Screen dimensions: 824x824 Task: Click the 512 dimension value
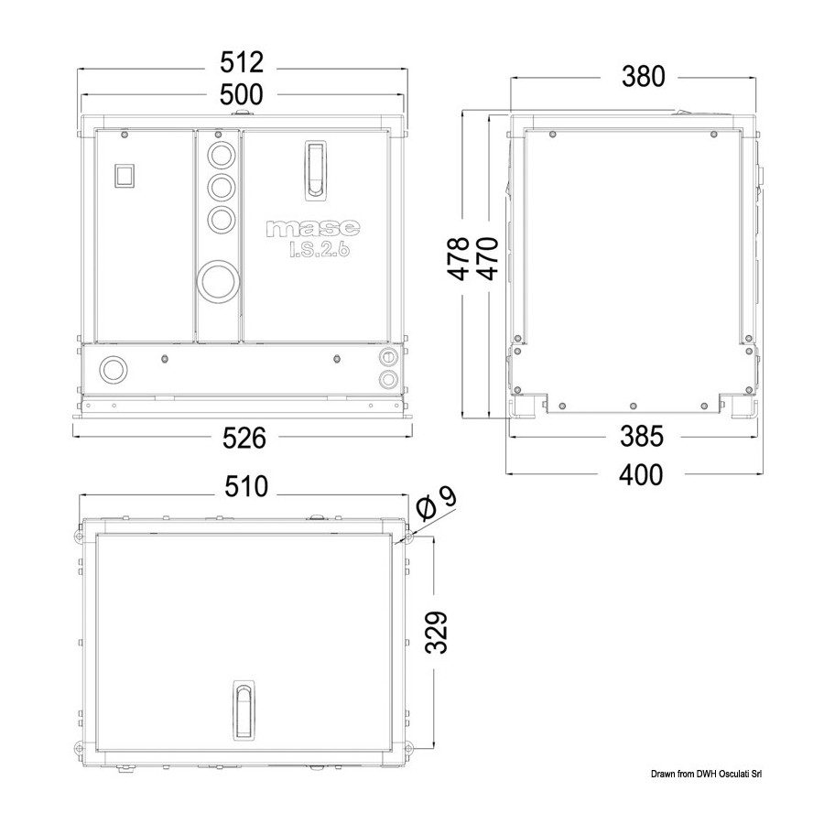click(x=241, y=62)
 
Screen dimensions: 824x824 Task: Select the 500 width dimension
click(x=241, y=95)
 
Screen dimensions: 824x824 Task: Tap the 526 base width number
click(x=244, y=438)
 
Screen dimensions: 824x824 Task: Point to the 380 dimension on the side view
click(x=644, y=76)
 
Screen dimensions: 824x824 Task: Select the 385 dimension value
click(x=642, y=436)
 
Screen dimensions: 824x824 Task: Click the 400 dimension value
click(x=641, y=474)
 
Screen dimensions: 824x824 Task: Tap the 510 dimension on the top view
click(x=246, y=487)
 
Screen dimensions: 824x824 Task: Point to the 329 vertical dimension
click(x=436, y=632)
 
